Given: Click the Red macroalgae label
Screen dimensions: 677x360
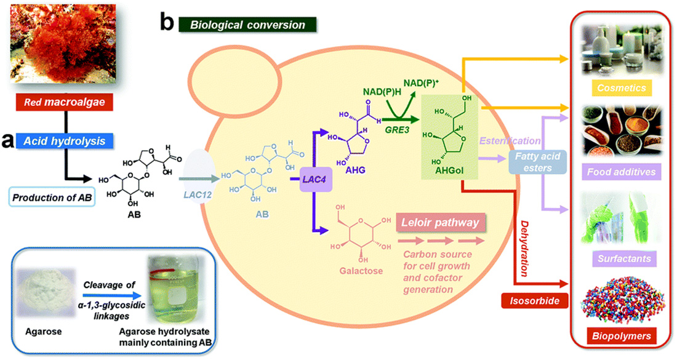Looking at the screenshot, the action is [x=65, y=102].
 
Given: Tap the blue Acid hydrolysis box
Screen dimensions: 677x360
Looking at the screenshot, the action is [x=65, y=141].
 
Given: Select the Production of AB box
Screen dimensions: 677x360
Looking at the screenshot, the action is [x=52, y=198].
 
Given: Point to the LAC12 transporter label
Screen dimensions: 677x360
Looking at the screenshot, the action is [x=198, y=194].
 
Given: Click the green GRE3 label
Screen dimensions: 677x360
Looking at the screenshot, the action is [x=397, y=129].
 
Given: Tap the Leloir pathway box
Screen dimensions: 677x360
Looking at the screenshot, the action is [x=440, y=223].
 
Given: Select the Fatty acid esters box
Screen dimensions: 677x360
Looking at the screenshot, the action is [x=537, y=162].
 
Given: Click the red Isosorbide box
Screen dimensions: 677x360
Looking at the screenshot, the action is [x=534, y=301].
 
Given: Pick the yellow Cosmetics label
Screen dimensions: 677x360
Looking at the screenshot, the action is [x=622, y=88].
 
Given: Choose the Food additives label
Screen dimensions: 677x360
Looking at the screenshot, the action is [x=622, y=172].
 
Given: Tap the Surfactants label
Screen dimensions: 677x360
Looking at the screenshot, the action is [x=624, y=258].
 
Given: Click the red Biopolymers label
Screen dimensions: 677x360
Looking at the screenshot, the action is [x=622, y=336].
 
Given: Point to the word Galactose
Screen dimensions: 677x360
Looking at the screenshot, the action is [x=361, y=271].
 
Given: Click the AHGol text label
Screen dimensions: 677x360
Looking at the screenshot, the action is [x=449, y=170].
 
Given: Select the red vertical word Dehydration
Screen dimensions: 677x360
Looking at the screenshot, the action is [x=524, y=249].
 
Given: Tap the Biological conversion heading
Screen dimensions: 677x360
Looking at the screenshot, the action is [x=247, y=25].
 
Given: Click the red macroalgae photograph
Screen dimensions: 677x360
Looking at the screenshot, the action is [x=63, y=43].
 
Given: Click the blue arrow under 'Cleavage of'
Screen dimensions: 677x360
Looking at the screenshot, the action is [x=112, y=296].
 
